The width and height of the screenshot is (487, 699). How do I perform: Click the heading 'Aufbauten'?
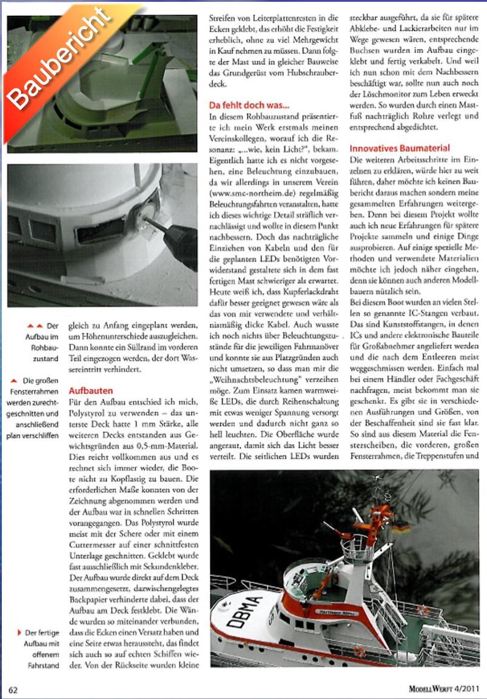click(x=91, y=391)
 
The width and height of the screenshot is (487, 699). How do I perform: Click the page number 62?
click(x=13, y=688)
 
